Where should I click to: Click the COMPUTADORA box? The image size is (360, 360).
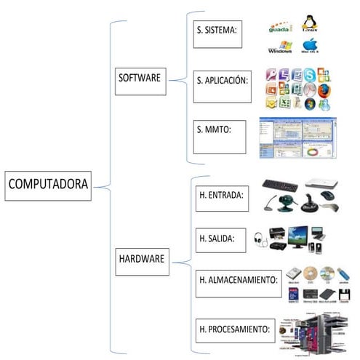(48, 185)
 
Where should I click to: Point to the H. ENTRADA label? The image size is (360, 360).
(223, 196)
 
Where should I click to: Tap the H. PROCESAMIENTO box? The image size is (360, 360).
(236, 329)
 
